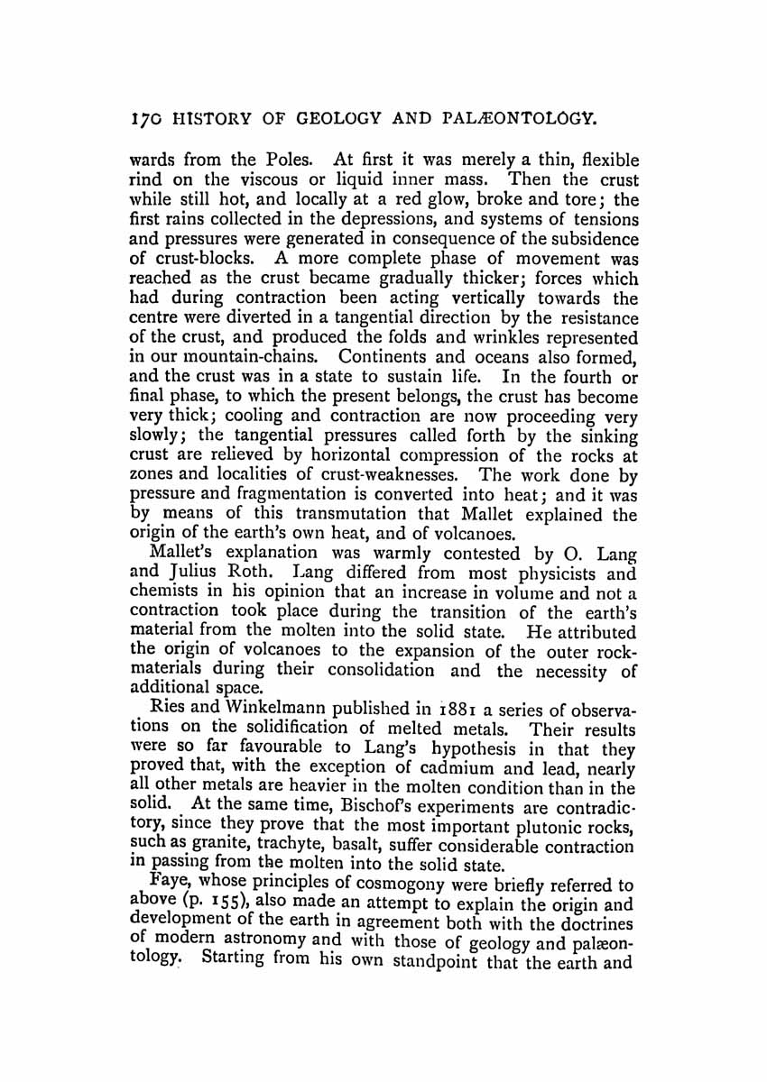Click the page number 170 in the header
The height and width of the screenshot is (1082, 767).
click(x=144, y=116)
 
